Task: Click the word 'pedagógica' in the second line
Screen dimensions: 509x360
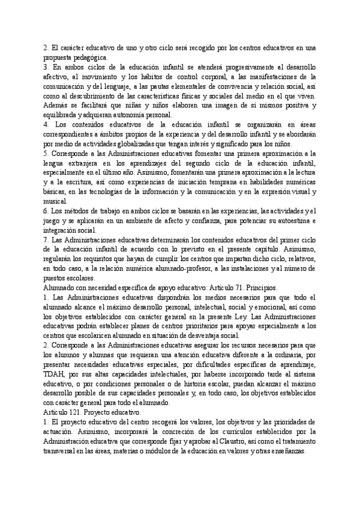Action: pyautogui.click(x=90, y=57)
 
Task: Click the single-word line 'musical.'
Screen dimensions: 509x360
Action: pyautogui.click(x=56, y=202)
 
